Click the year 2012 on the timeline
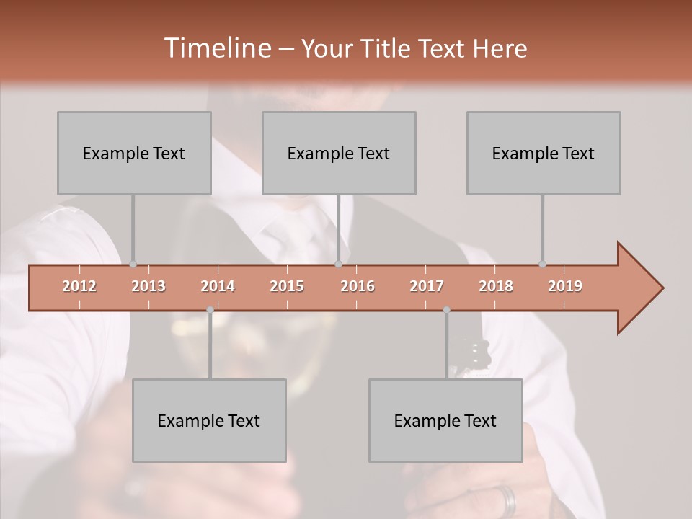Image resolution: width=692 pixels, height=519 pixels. (79, 286)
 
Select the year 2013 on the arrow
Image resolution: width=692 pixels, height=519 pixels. (148, 286)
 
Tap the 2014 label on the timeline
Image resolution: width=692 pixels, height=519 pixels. (218, 286)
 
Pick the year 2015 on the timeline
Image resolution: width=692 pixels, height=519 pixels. (287, 286)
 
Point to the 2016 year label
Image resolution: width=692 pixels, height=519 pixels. (358, 286)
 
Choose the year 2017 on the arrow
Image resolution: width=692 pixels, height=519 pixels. (427, 286)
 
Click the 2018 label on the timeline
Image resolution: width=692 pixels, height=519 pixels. (496, 286)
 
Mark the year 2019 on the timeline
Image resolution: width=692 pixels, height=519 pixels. (565, 286)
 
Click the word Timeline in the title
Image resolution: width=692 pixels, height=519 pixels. (216, 48)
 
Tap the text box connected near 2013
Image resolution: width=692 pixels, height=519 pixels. (134, 153)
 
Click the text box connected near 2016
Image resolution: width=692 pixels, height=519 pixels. (339, 153)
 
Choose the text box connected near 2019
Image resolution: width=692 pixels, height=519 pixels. (544, 153)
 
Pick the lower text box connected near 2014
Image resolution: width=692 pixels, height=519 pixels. (209, 420)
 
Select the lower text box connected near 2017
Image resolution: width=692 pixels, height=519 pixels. (445, 420)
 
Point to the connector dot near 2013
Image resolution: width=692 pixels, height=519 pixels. (133, 265)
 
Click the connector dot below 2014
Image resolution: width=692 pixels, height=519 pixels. (210, 310)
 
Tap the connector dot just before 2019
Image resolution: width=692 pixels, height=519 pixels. (542, 265)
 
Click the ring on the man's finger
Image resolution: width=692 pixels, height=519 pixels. (508, 500)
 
